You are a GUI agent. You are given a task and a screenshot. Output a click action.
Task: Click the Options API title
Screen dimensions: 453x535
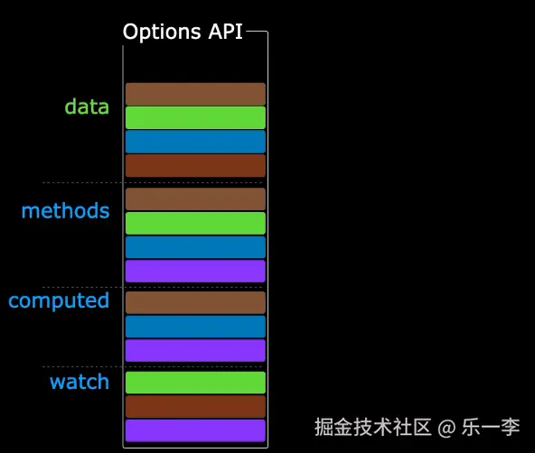(x=183, y=32)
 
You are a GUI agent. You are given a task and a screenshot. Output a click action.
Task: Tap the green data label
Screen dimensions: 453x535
(x=87, y=107)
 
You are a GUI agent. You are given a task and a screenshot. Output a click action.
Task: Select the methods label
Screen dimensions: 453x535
(x=66, y=211)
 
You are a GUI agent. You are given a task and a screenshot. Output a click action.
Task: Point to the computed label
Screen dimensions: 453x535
(x=59, y=300)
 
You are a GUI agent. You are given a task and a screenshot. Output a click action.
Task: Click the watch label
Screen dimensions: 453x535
(x=80, y=382)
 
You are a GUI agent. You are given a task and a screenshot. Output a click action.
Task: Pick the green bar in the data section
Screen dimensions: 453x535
(x=195, y=118)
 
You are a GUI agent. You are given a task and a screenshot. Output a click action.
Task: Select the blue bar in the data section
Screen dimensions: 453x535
(x=195, y=142)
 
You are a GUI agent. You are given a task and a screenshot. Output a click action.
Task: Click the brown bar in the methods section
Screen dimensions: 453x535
(x=195, y=199)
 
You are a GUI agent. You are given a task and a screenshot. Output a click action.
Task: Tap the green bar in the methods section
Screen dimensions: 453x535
(x=195, y=223)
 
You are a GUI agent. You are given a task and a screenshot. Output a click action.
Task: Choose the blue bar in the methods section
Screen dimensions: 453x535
(x=195, y=247)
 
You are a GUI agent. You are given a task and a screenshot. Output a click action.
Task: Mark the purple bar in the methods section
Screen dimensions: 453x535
(x=195, y=271)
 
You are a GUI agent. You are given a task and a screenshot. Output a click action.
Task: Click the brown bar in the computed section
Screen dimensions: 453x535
(x=195, y=303)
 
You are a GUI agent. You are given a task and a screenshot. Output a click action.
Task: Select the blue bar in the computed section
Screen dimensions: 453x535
(x=195, y=327)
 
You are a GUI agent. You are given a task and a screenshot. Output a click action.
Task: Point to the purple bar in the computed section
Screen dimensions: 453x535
(x=195, y=350)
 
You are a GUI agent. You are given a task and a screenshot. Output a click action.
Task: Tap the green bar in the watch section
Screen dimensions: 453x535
(x=195, y=383)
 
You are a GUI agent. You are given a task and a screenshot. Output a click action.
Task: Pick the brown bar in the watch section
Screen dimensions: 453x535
(x=195, y=406)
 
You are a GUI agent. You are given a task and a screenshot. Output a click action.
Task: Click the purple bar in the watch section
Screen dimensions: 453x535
(x=195, y=430)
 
